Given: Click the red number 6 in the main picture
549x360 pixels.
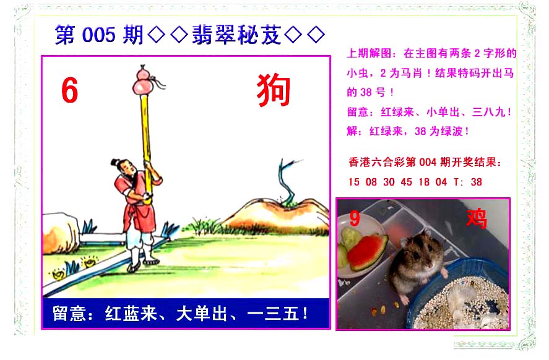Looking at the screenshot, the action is coord(69,90).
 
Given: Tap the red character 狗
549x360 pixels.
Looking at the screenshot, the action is coord(274,90).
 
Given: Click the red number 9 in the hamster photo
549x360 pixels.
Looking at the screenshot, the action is coord(354,218).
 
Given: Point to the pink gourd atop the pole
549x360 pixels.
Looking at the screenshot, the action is coord(143,80).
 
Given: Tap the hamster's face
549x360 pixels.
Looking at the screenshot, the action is coord(420,252).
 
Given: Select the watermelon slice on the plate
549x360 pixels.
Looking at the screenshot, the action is coord(368,252).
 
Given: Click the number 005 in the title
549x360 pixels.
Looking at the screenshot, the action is coord(99,35).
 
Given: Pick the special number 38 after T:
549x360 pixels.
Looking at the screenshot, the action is coord(476,182).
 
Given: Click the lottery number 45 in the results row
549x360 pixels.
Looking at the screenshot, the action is coord(406,182).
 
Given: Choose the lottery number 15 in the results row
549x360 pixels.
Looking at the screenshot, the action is coord(353,182).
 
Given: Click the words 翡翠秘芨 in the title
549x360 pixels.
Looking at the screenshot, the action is coord(236,35).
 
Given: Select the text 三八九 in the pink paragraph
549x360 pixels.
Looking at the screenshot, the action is coord(488,112).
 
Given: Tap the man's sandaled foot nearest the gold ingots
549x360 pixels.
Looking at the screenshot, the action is coord(134,268).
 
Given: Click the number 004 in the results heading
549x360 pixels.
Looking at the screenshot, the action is coord(428,162).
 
